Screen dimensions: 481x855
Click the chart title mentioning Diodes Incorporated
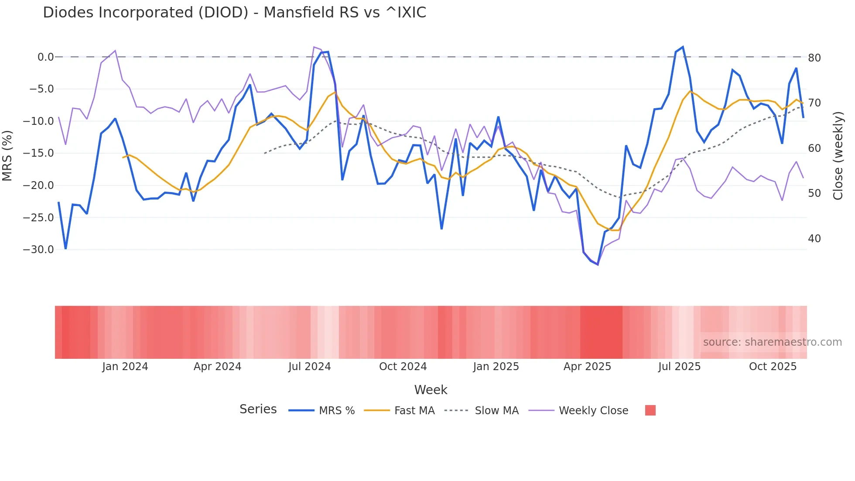point(234,13)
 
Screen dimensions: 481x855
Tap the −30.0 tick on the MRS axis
point(38,250)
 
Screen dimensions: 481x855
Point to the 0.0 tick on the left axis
point(45,57)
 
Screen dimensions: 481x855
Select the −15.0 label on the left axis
point(38,153)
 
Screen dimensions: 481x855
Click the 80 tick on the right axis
point(814,58)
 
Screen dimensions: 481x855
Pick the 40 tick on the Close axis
point(814,239)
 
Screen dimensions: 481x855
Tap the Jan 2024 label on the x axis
point(125,367)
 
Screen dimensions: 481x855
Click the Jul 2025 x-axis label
point(679,367)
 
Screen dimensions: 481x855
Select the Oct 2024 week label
point(403,367)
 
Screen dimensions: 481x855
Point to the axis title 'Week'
point(431,390)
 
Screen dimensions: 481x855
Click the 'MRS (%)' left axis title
point(7,156)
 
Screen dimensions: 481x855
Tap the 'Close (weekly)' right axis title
point(838,156)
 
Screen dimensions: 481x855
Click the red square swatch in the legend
point(650,410)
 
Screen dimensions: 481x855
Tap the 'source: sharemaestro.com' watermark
point(772,342)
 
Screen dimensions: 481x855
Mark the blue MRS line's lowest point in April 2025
point(598,265)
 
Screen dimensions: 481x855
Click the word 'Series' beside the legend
point(258,409)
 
